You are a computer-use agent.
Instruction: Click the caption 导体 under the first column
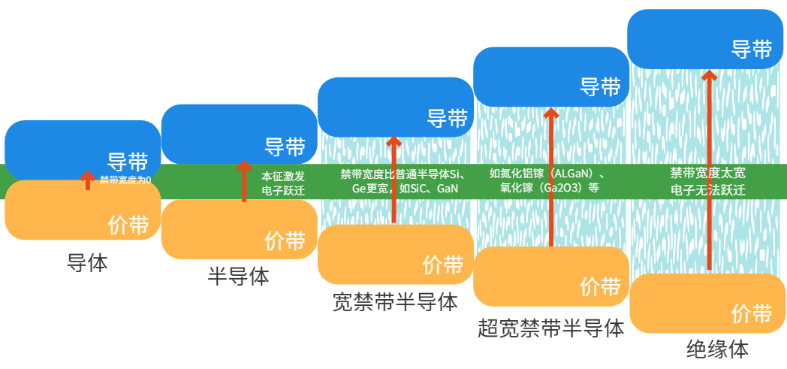(x=87, y=264)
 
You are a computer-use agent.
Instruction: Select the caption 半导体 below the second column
(x=238, y=277)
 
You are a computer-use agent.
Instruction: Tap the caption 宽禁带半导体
(x=395, y=302)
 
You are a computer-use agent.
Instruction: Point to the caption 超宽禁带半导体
(x=550, y=328)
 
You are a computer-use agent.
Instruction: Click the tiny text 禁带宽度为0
(x=125, y=180)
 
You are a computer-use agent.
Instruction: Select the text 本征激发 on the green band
(x=283, y=176)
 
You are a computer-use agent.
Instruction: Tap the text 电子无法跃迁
(x=707, y=189)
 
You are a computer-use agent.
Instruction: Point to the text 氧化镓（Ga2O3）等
(x=550, y=189)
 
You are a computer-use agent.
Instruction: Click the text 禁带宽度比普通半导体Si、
(x=403, y=174)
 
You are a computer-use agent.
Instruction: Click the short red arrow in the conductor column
(x=88, y=180)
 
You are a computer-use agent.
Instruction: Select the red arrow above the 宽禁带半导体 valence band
(x=394, y=180)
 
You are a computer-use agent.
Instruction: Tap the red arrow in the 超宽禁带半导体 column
(x=550, y=177)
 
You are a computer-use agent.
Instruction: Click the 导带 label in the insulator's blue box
(x=752, y=50)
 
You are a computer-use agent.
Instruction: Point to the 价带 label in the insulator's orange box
(x=752, y=313)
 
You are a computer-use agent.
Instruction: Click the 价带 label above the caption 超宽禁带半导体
(x=600, y=286)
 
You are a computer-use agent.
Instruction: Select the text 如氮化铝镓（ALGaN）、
(x=547, y=174)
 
